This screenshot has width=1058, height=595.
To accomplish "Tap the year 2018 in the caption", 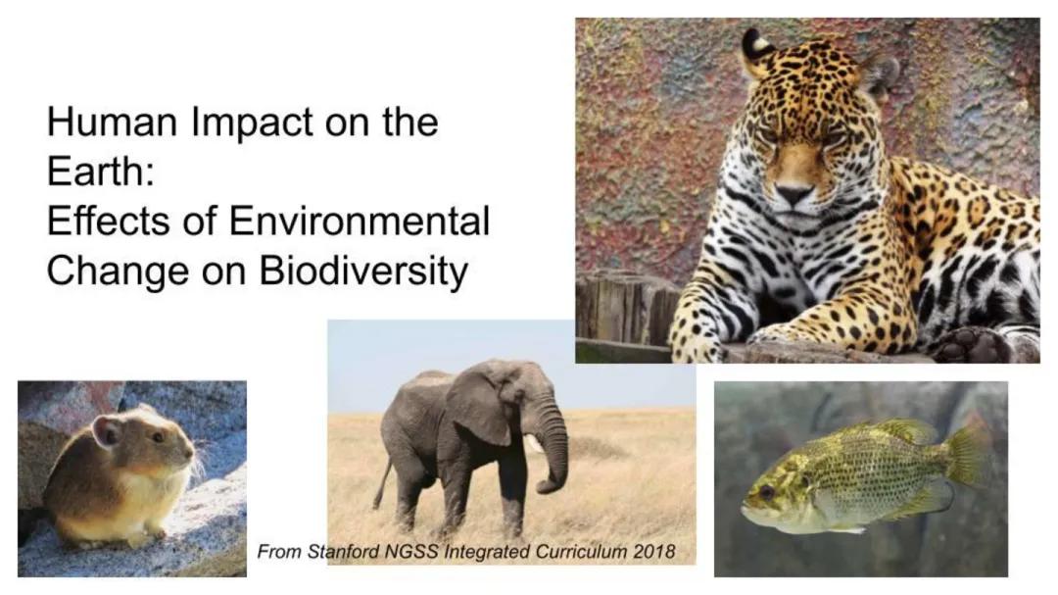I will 653,551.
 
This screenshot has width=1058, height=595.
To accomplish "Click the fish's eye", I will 765,491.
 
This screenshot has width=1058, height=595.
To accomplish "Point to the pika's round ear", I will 107,430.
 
